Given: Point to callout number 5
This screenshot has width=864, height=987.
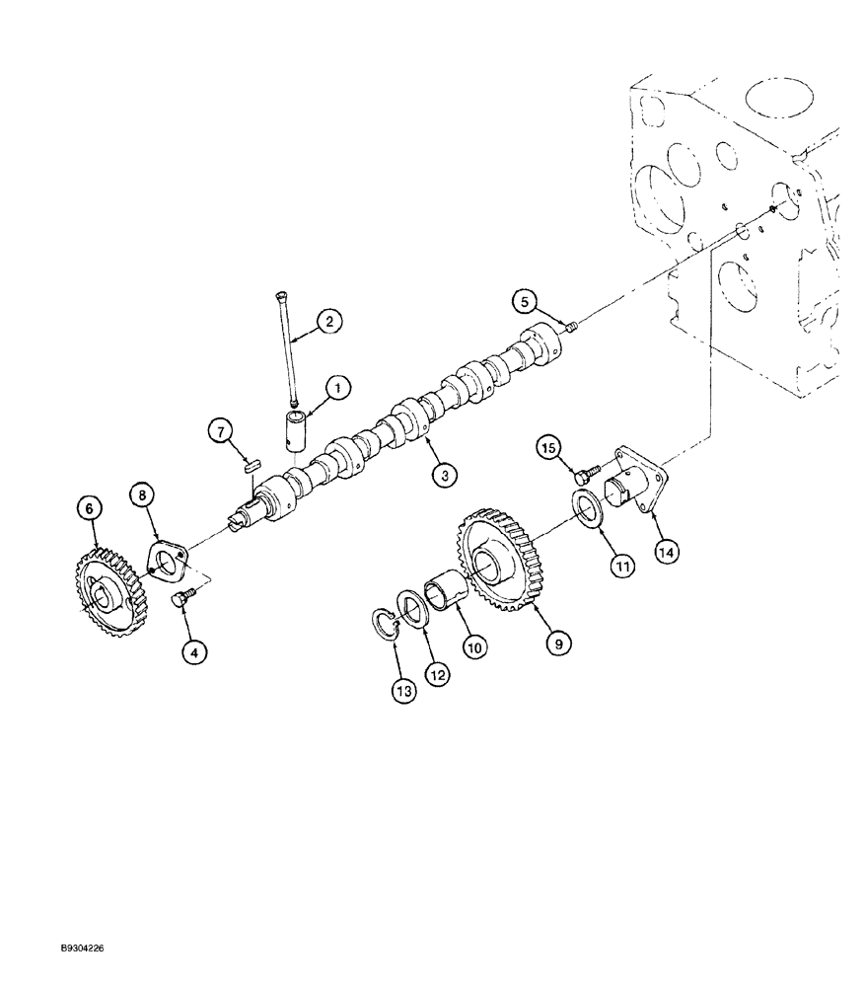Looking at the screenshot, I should (x=525, y=300).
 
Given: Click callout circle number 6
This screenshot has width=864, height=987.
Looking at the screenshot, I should (x=90, y=507).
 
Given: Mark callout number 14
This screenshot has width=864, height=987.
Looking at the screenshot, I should (x=667, y=554).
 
